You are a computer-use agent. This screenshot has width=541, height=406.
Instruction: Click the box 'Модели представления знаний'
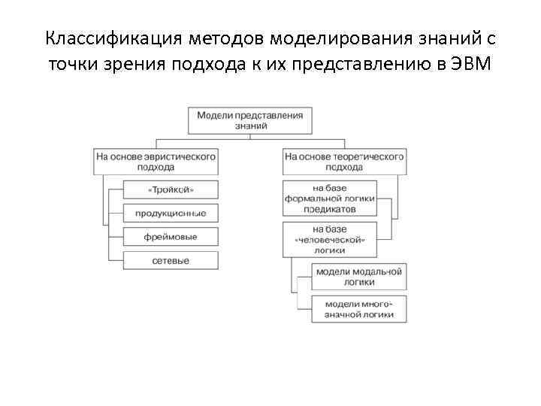249,121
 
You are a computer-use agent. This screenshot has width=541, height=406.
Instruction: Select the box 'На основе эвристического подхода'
156,162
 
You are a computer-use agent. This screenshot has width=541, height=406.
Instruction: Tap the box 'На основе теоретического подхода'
344,162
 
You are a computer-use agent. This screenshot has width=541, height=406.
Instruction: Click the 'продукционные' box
170,214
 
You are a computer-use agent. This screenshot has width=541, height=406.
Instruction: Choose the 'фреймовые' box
170,237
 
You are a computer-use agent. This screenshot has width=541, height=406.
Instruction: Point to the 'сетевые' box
170,261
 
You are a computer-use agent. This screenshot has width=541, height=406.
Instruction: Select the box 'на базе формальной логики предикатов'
329,198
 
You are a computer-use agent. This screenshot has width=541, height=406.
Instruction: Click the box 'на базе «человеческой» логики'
329,238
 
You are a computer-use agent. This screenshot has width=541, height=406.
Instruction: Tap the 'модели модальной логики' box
359,276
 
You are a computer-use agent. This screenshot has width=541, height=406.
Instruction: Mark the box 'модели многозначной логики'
359,309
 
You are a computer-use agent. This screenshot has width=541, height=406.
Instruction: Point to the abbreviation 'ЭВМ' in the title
472,65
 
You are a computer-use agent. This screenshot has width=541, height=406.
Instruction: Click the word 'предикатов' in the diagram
329,210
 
